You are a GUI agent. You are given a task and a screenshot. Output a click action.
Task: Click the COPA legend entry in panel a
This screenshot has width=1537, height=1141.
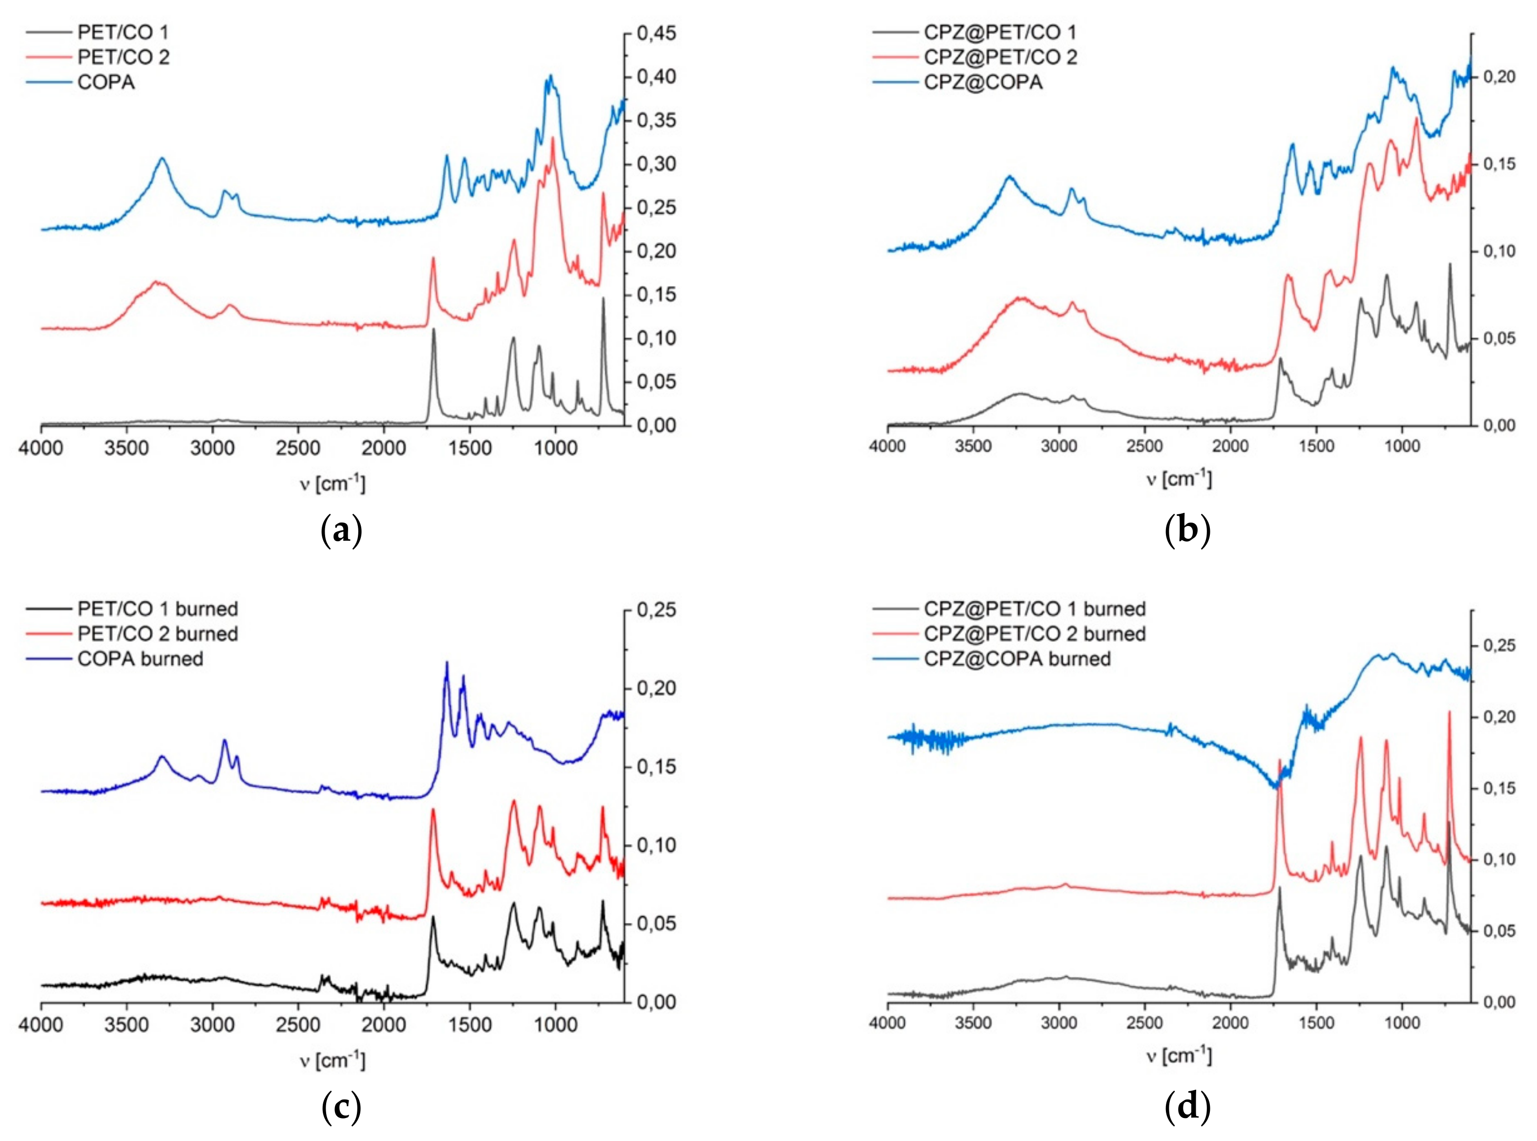(x=105, y=82)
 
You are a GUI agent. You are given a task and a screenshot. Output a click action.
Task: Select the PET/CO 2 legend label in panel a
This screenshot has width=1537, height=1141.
(x=123, y=57)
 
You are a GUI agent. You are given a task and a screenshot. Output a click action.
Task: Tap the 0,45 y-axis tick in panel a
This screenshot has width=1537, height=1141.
(x=656, y=33)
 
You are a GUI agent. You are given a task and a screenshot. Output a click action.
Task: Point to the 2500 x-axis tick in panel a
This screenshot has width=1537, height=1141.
(x=298, y=448)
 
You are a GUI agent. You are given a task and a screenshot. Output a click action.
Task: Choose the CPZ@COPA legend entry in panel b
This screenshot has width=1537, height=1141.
(x=982, y=82)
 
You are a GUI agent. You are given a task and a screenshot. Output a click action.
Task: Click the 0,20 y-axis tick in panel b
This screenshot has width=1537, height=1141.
(x=1498, y=77)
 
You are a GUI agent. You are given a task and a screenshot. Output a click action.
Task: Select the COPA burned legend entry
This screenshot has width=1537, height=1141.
(x=140, y=659)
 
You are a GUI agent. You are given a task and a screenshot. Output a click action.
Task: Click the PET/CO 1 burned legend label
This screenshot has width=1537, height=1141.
(x=157, y=609)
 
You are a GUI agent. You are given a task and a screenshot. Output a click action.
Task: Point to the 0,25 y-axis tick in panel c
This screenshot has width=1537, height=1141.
(x=656, y=611)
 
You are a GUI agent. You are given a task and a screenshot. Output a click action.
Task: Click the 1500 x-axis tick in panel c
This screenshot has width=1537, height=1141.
(x=470, y=1025)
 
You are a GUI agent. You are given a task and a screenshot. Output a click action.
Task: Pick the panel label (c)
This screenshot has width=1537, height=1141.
(x=341, y=1108)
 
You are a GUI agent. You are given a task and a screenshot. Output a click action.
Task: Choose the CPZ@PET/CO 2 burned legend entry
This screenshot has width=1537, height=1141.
(x=1034, y=634)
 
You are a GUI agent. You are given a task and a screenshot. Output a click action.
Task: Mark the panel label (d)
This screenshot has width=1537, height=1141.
(x=1187, y=1108)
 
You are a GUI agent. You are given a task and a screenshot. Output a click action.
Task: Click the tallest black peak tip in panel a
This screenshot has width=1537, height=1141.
(x=603, y=298)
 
